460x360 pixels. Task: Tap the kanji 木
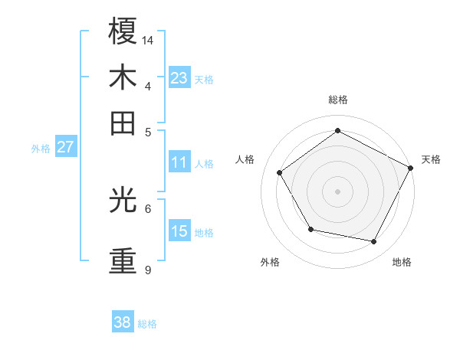pos(123,79)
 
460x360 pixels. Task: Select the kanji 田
pos(123,123)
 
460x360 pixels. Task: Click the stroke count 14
pos(149,40)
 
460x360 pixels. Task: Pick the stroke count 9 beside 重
pos(148,270)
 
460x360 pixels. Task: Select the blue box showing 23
pos(179,78)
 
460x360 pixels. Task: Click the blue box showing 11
pos(179,162)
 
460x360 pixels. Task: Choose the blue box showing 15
pos(179,231)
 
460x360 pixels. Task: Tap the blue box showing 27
pos(65,147)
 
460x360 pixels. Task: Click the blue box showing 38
pos(123,322)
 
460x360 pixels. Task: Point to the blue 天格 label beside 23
pos(204,80)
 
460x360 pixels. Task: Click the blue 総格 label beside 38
pos(147,324)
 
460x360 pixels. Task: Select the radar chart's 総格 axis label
pos(337,100)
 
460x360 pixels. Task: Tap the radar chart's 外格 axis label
pos(270,262)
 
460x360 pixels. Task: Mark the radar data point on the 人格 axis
pos(280,173)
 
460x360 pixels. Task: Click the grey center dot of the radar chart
pos(337,191)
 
